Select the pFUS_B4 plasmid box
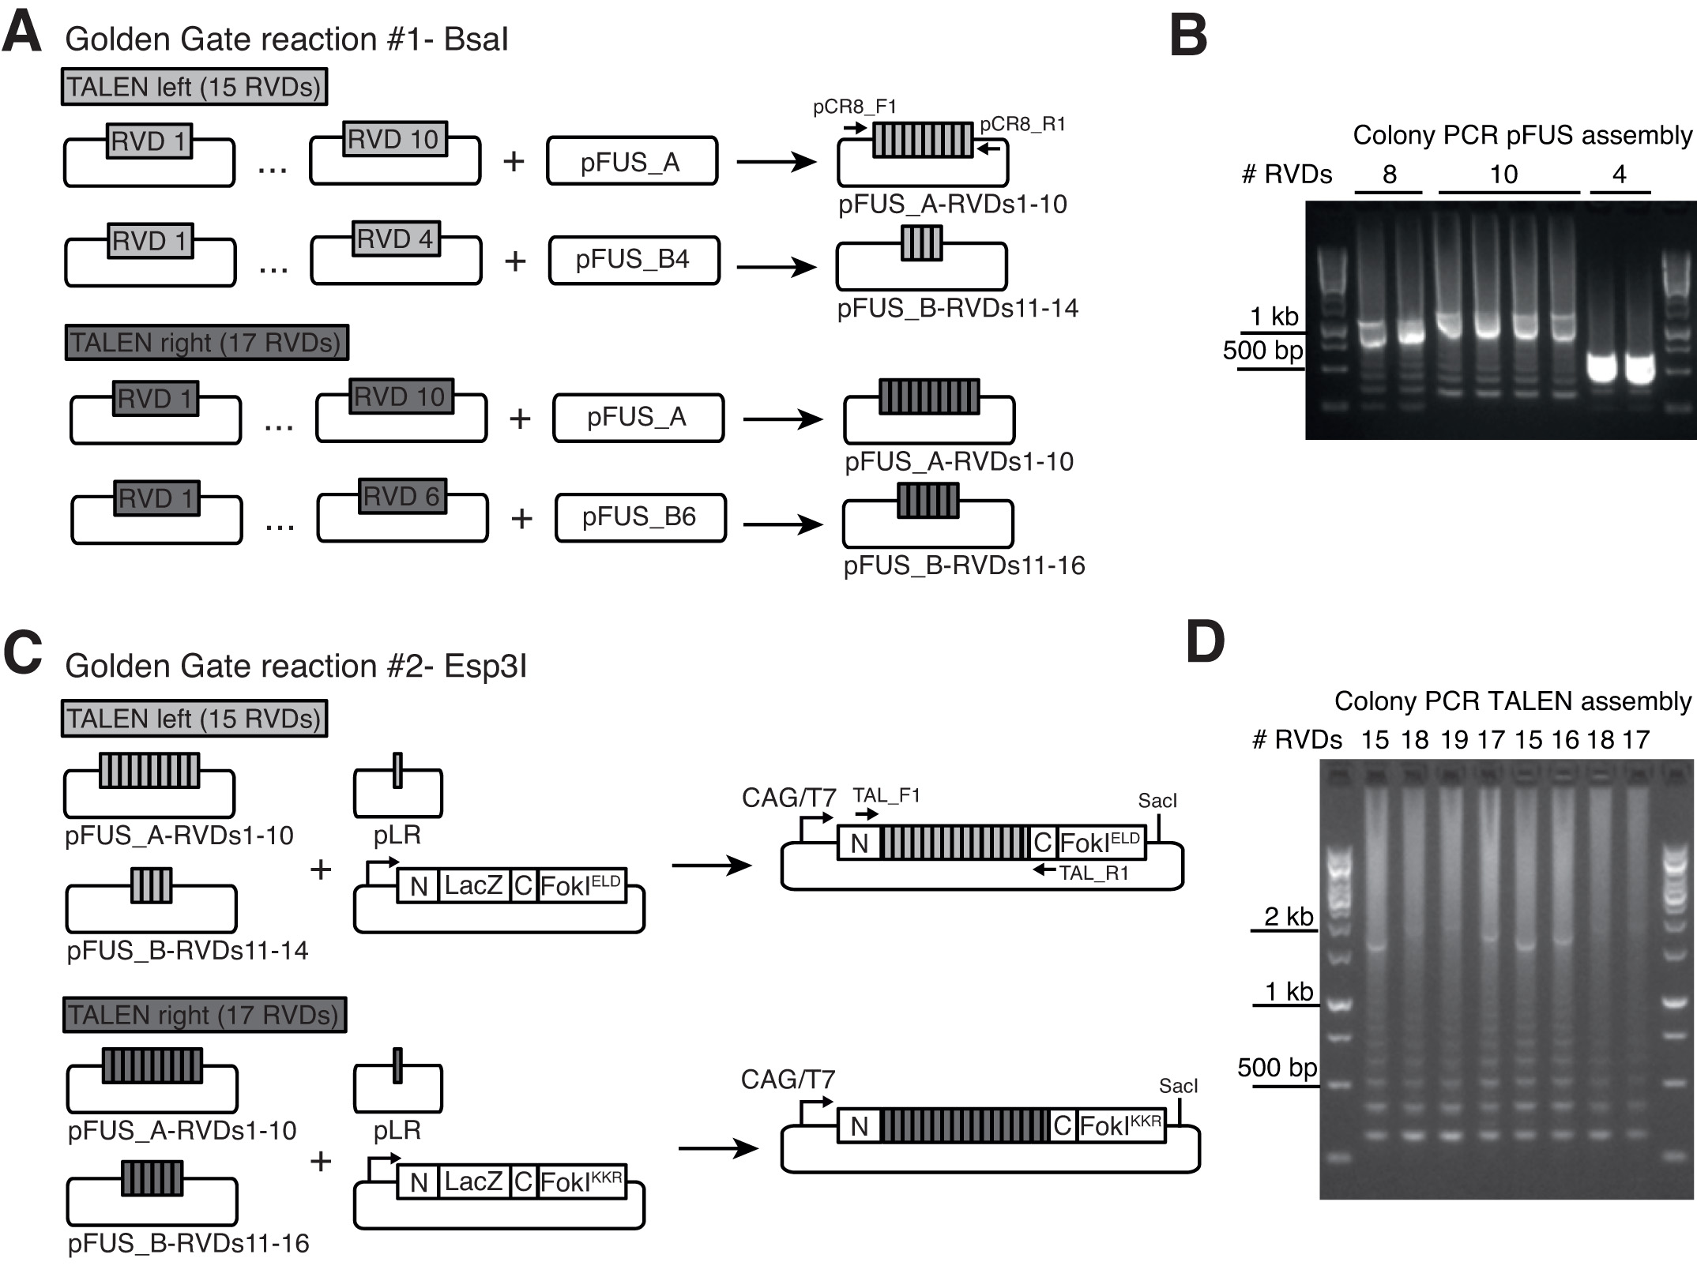tap(633, 260)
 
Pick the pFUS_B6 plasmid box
tap(639, 517)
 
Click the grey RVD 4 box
tap(395, 238)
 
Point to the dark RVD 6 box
tap(401, 496)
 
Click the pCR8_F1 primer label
tap(855, 107)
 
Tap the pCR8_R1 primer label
tap(1022, 125)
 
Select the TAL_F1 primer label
tap(886, 795)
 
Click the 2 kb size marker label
tap(1288, 916)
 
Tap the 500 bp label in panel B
tap(1262, 350)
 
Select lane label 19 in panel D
tap(1454, 739)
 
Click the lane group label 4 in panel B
tap(1619, 174)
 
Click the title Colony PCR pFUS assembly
tap(1522, 135)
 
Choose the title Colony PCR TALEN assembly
tap(1512, 700)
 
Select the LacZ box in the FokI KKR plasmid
tap(473, 1181)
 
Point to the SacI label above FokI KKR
tap(1178, 1086)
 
